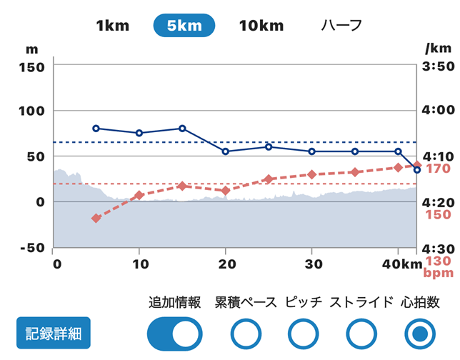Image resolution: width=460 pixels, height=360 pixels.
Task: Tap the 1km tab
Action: point(112,26)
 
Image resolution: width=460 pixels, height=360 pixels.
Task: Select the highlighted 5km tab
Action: point(184,26)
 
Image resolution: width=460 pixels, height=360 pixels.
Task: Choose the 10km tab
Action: point(261,26)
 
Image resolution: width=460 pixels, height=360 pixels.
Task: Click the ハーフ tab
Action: point(341,26)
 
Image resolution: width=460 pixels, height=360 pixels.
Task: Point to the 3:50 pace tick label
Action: point(439,66)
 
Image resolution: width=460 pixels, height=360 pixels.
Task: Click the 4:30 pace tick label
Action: point(439,248)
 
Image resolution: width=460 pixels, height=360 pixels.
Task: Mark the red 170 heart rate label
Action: point(437,169)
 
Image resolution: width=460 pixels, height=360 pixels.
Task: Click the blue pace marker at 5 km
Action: point(96,129)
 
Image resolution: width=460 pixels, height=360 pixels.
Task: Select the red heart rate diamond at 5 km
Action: point(96,218)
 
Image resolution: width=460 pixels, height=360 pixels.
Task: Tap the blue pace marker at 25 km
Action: point(269,146)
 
